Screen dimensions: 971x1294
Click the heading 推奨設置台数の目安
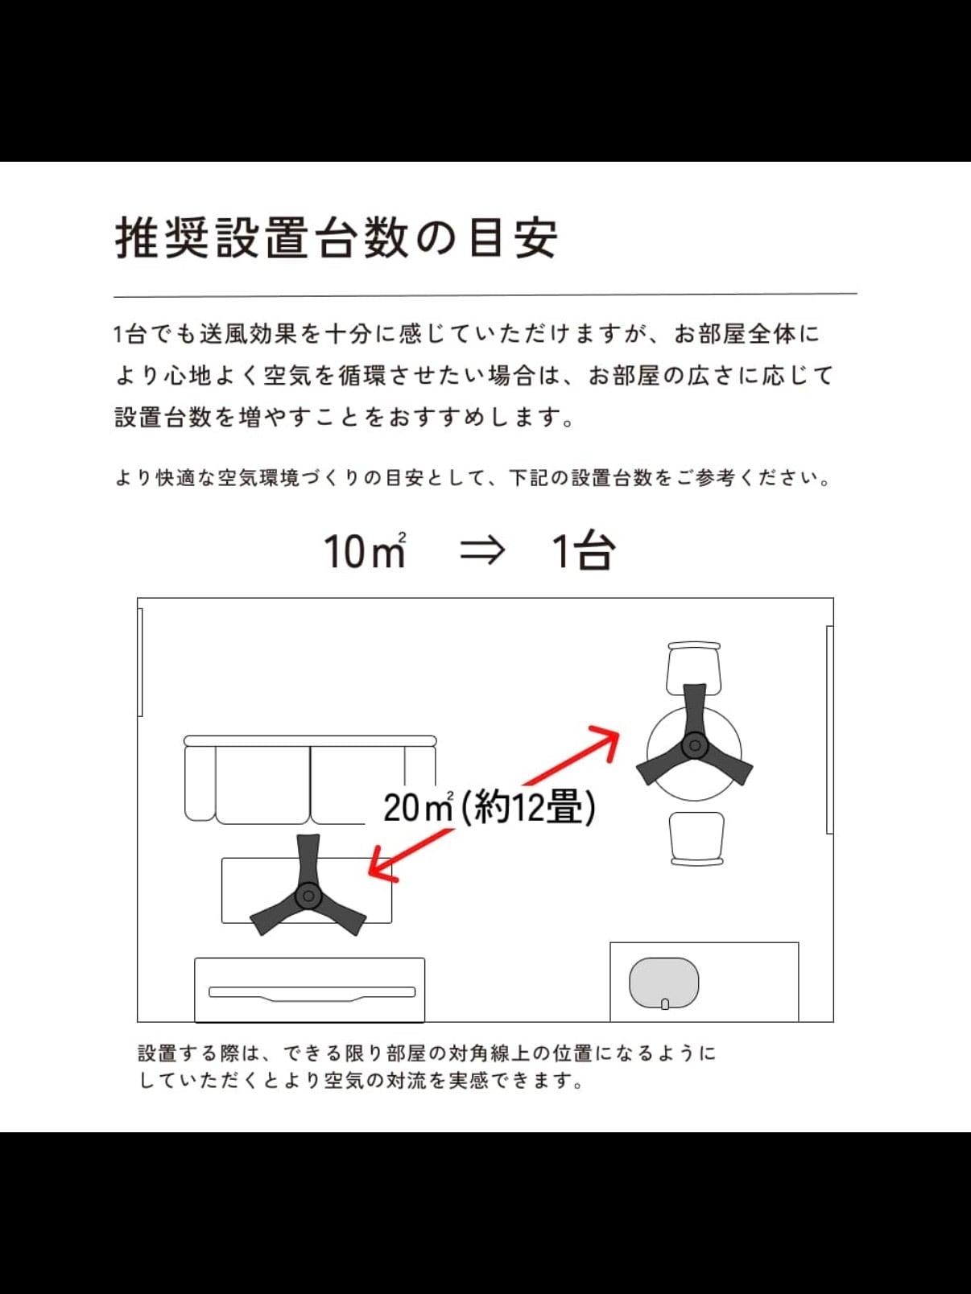[336, 238]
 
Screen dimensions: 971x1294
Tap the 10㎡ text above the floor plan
[365, 550]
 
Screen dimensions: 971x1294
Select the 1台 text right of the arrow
[584, 550]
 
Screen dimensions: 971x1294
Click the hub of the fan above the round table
[695, 746]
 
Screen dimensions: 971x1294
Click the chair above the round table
[694, 668]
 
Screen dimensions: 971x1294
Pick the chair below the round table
[697, 839]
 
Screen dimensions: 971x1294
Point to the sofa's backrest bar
[310, 741]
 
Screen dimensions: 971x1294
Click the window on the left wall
[140, 662]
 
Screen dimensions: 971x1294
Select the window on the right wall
[830, 730]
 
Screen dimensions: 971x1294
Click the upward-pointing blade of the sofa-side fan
[308, 858]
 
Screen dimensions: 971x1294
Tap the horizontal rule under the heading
[486, 295]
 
